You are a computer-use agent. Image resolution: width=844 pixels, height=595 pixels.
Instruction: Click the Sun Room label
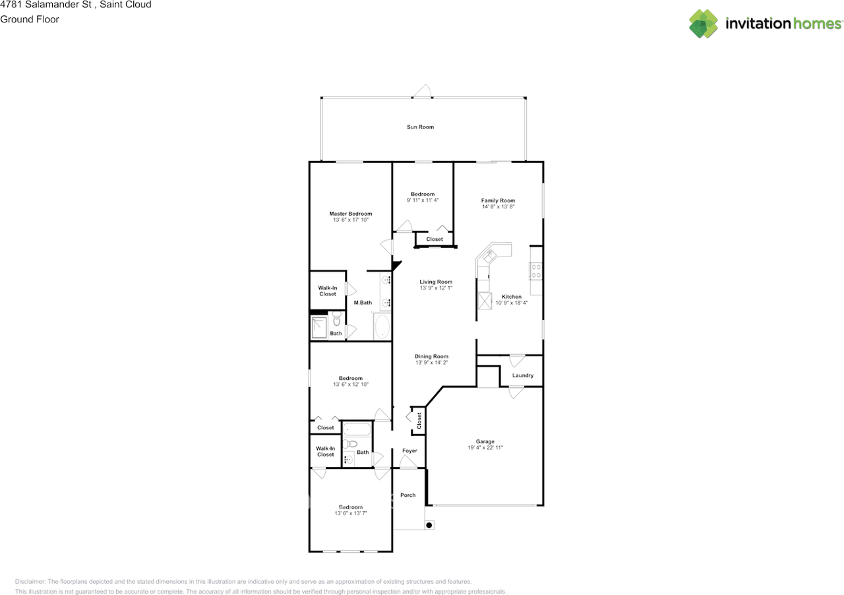(x=420, y=127)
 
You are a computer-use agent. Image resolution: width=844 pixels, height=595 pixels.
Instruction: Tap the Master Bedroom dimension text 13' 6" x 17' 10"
(x=351, y=220)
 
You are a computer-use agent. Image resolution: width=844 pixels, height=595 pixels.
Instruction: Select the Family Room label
(x=498, y=201)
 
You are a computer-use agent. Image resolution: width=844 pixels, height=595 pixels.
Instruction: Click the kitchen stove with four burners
(x=536, y=271)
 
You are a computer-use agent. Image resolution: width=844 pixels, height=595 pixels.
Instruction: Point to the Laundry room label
(x=522, y=375)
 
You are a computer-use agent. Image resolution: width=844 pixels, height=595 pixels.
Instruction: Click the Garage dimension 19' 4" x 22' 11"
(x=485, y=448)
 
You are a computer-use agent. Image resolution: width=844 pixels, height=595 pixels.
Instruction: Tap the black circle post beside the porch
(x=429, y=525)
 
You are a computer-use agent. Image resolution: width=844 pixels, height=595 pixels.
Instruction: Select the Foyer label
(x=409, y=451)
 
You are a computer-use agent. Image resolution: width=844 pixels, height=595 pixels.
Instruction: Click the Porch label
(x=408, y=495)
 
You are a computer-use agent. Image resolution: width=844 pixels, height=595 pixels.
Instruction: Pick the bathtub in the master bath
(x=382, y=326)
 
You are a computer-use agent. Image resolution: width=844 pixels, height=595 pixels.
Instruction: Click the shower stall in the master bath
(x=320, y=327)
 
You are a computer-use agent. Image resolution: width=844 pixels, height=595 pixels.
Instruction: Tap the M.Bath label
(x=363, y=303)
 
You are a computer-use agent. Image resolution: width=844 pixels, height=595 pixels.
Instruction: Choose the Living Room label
(x=436, y=282)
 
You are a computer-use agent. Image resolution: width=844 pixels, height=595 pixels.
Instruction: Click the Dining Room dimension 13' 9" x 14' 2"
(x=431, y=363)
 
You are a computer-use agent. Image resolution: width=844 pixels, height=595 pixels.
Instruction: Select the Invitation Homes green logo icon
(x=704, y=24)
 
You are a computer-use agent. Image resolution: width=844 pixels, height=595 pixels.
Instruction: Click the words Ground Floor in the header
(x=30, y=19)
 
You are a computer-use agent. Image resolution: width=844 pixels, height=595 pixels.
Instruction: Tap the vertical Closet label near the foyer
(x=419, y=420)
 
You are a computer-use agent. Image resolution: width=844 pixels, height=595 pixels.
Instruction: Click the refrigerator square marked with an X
(x=485, y=301)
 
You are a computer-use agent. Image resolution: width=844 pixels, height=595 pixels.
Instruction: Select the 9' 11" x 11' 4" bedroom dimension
(x=423, y=200)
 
